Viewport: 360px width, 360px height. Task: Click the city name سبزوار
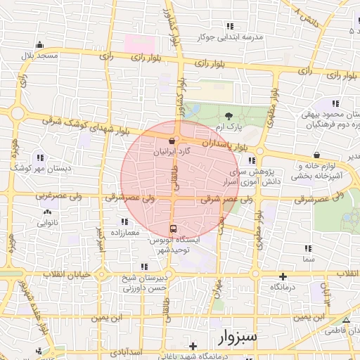[234, 337]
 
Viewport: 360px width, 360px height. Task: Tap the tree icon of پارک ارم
[229, 115]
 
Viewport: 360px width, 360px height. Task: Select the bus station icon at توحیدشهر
[173, 229]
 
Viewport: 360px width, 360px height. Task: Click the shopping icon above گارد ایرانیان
[172, 141]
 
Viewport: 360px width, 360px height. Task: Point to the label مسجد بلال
[37, 55]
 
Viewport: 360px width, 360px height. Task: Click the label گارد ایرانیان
[172, 152]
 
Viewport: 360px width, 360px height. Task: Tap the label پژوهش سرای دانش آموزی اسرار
[274, 176]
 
